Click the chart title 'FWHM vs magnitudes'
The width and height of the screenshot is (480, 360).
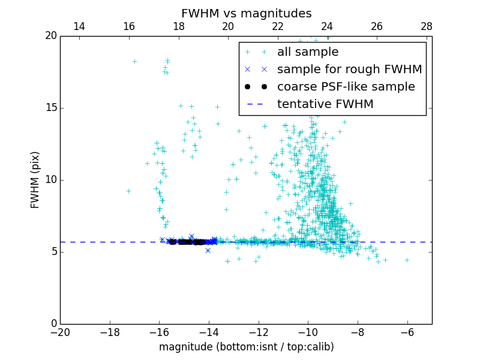point(246,13)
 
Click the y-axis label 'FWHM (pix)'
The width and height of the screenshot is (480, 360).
point(35,180)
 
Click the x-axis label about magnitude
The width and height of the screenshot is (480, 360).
point(246,347)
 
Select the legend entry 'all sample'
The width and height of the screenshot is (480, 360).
point(307,52)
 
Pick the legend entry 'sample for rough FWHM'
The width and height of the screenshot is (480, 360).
point(349,70)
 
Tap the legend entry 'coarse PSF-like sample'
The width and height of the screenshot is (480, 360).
point(346,87)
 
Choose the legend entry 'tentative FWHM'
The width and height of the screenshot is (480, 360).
point(325,104)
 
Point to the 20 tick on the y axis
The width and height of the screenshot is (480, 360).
point(50,36)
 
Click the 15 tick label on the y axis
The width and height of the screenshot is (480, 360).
point(50,108)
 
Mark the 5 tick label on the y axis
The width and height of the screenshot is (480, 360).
point(53,252)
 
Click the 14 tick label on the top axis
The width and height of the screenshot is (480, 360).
point(79,26)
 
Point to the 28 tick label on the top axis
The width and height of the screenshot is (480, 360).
point(427,26)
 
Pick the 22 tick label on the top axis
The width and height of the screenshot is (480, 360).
point(278,26)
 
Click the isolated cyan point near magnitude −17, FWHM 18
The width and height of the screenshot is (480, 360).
point(134,61)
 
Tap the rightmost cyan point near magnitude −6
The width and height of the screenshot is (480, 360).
point(407,260)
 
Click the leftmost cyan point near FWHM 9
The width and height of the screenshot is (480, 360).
point(128,191)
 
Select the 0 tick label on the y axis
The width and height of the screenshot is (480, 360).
point(53,324)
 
